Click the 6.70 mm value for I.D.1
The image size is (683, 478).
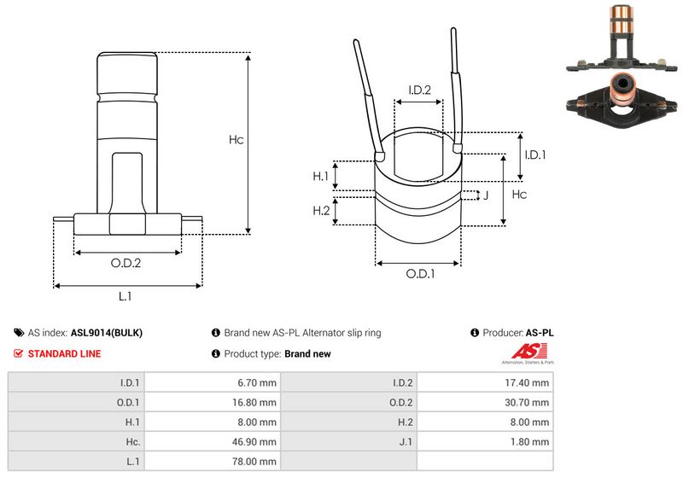(257, 382)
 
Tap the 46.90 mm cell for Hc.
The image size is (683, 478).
(255, 442)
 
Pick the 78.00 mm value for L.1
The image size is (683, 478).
(255, 462)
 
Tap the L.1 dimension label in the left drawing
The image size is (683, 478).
(125, 296)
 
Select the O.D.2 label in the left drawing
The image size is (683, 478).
(126, 263)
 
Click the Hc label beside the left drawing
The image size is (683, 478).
(236, 140)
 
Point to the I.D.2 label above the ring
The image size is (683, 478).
(418, 90)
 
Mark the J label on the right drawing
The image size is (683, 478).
(485, 195)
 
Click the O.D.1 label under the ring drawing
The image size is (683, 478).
(419, 274)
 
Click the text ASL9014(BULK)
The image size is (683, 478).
(107, 333)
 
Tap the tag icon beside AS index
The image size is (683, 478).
(19, 333)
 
